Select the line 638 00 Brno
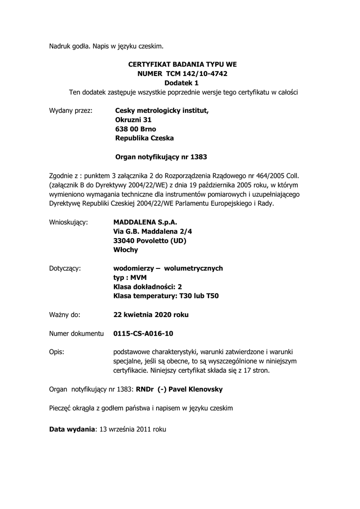pyautogui.click(x=135, y=129)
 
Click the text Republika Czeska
pyautogui.click(x=145, y=138)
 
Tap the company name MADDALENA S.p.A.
pyautogui.click(x=145, y=222)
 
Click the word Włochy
pyautogui.click(x=126, y=250)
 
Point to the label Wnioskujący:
pyautogui.click(x=69, y=222)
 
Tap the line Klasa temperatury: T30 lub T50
pyautogui.click(x=166, y=296)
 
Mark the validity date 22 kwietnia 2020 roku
pyautogui.click(x=151, y=315)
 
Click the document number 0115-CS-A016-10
pyautogui.click(x=143, y=333)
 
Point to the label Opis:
pyautogui.click(x=57, y=351)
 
